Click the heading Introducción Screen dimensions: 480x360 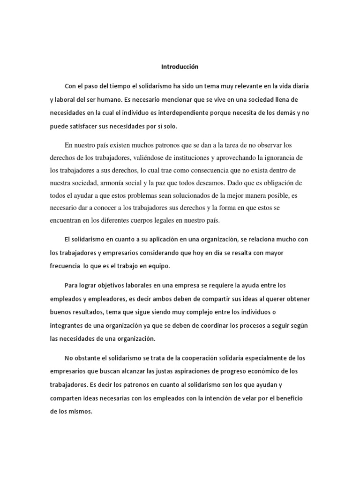(x=180, y=67)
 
